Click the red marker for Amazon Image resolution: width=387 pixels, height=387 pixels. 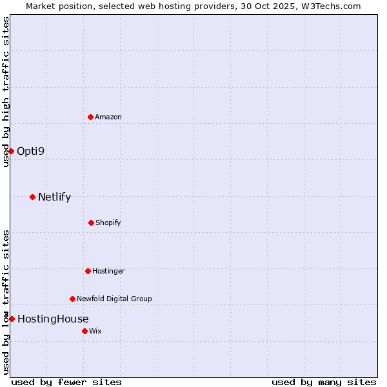[x=90, y=117]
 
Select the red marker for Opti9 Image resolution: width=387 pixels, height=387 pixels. [x=11, y=151]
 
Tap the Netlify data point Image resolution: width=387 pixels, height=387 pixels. [x=32, y=197]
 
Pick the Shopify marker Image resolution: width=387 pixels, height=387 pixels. [x=91, y=223]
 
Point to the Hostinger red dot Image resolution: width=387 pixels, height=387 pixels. [x=88, y=271]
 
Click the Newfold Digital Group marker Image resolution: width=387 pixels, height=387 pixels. [x=72, y=299]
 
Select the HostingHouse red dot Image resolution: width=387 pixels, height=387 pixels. [x=12, y=319]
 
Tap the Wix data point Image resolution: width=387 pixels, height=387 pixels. [x=84, y=331]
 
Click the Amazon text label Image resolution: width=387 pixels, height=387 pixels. [x=108, y=117]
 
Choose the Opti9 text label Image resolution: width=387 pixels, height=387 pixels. [x=31, y=151]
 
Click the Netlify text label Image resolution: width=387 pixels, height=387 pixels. [x=54, y=197]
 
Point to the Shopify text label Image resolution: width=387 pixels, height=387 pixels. [x=108, y=223]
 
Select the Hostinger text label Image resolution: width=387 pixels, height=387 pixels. [x=108, y=271]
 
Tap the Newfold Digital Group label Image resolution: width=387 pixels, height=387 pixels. [x=114, y=299]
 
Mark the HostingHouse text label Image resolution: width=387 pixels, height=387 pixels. [x=53, y=319]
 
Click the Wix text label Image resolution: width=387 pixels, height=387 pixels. [x=95, y=331]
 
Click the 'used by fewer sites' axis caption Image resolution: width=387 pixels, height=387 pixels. [x=66, y=382]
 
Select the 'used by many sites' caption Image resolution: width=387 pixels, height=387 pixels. [x=324, y=382]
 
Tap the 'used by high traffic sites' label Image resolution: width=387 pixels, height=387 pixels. [x=6, y=92]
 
